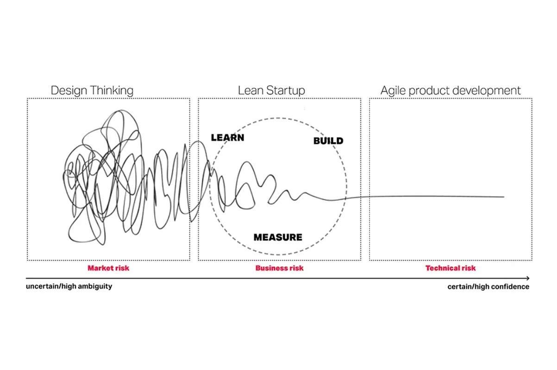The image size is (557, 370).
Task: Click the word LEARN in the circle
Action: point(227,137)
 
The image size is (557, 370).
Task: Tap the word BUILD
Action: point(328,141)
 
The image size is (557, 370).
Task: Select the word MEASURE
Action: point(278,237)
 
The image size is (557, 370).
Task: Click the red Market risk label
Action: point(108,268)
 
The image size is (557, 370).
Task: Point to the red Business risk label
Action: point(280,268)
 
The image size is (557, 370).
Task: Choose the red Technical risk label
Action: point(451,268)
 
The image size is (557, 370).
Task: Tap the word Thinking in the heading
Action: point(112,91)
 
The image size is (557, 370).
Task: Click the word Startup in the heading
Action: point(286,91)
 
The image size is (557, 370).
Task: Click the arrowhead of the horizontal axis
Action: point(527,278)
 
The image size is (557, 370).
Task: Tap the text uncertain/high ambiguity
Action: point(69,286)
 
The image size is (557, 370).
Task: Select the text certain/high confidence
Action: point(488,287)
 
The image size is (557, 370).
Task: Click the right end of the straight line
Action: point(503,197)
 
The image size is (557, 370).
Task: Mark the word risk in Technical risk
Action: point(468,268)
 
